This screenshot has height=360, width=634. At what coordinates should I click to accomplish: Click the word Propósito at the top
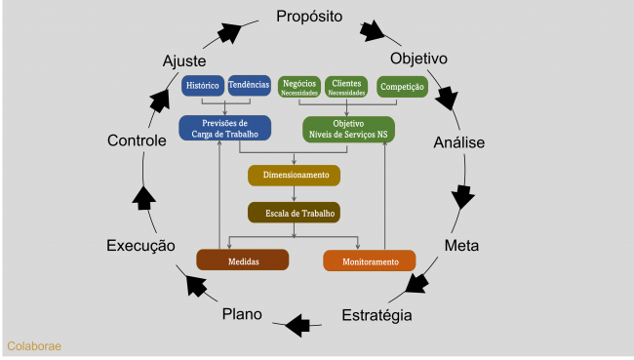pyautogui.click(x=309, y=17)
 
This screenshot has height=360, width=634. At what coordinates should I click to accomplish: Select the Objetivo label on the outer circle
pyautogui.click(x=418, y=59)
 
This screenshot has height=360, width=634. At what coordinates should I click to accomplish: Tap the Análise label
pyautogui.click(x=458, y=142)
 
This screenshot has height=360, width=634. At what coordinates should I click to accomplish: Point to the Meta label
pyautogui.click(x=461, y=244)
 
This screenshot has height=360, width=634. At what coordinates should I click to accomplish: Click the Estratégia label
pyautogui.click(x=376, y=315)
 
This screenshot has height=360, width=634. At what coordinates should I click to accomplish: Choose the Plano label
pyautogui.click(x=242, y=313)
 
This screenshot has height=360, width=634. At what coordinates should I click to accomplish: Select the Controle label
pyautogui.click(x=137, y=140)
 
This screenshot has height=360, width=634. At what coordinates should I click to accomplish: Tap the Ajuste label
pyautogui.click(x=183, y=61)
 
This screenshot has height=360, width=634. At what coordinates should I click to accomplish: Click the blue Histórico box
pyautogui.click(x=203, y=86)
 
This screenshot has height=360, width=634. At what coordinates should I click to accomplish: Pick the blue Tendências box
pyautogui.click(x=249, y=86)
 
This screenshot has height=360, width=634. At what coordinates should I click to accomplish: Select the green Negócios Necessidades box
pyautogui.click(x=298, y=87)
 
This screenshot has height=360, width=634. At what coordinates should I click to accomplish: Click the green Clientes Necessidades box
pyautogui.click(x=346, y=87)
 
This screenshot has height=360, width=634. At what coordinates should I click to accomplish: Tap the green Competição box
pyautogui.click(x=402, y=87)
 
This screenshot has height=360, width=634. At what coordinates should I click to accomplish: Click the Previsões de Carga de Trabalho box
pyautogui.click(x=224, y=128)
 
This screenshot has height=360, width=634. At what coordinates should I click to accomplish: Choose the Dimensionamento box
pyautogui.click(x=294, y=176)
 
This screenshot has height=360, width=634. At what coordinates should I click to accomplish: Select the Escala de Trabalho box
pyautogui.click(x=294, y=213)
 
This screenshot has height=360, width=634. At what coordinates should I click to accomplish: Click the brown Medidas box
pyautogui.click(x=243, y=260)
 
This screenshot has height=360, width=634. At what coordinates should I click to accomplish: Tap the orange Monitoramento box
pyautogui.click(x=369, y=261)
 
